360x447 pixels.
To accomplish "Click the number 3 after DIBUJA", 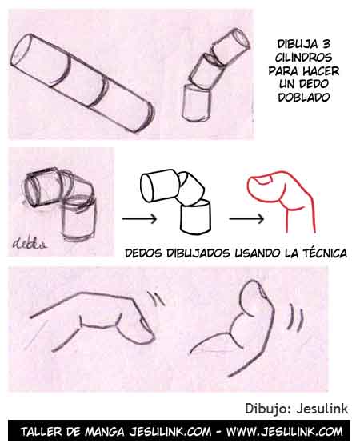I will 326,43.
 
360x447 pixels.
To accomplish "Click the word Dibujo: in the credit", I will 267,409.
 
